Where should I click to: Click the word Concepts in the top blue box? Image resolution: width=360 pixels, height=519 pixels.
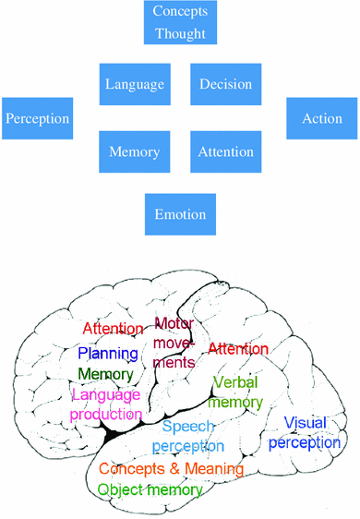click(x=180, y=13)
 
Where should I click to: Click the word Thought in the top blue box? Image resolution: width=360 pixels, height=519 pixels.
click(x=180, y=35)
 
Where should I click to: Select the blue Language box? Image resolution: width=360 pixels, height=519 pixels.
click(x=134, y=84)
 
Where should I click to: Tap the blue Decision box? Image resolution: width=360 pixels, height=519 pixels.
click(x=226, y=84)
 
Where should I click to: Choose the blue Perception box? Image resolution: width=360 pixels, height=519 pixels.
click(x=37, y=118)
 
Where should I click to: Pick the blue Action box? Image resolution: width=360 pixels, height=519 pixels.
click(x=322, y=118)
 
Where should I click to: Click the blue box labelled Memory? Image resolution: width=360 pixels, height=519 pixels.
click(x=134, y=151)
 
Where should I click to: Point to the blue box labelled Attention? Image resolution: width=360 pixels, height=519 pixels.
click(x=226, y=151)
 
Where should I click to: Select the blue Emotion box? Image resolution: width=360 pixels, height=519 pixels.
click(x=180, y=215)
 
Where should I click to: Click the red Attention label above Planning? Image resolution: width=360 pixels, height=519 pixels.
click(x=113, y=329)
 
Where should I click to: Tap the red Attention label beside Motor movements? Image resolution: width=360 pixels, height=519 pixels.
click(x=238, y=348)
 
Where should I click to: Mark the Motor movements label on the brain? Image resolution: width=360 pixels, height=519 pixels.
click(x=174, y=343)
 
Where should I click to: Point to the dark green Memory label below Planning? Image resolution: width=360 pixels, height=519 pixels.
click(x=105, y=374)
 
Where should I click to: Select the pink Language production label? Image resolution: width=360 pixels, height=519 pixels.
click(x=105, y=404)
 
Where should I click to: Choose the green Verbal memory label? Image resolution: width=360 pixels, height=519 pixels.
click(x=235, y=392)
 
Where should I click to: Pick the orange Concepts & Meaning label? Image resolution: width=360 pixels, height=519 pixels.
click(x=171, y=469)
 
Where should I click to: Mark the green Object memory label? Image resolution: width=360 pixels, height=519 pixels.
click(x=150, y=489)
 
